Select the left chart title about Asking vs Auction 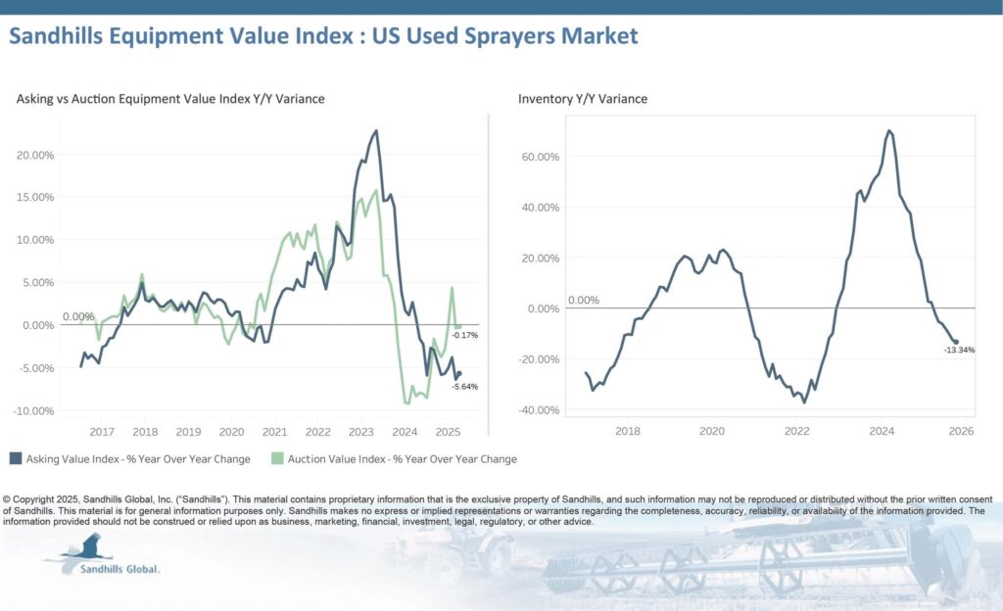coord(170,99)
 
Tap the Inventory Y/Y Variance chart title coord(582,99)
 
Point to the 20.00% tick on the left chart coord(35,155)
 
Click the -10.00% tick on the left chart coord(34,410)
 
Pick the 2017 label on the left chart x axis coord(102,431)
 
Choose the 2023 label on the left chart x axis coord(360,431)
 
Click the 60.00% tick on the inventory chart coord(540,157)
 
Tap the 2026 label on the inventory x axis coord(961,431)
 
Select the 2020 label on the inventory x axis coord(712,431)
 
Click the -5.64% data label coord(465,387)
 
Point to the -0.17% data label coord(465,336)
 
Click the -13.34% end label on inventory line coord(960,350)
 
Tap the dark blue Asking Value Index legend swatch coord(16,458)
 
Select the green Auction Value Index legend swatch coord(277,458)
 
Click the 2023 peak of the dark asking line coord(376,130)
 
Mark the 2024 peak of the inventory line coord(888,130)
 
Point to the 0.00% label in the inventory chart coord(583,301)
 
